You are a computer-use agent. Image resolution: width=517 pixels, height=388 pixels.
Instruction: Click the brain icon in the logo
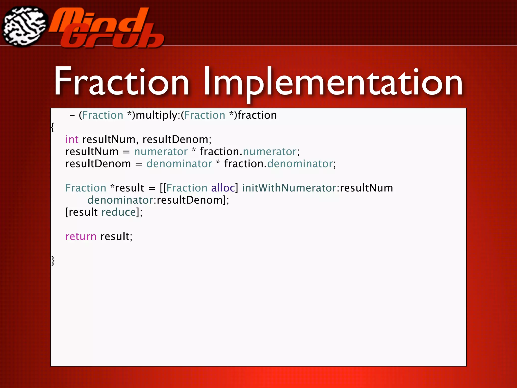[x=24, y=27]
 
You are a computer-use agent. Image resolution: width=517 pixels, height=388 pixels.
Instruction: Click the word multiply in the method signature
[x=157, y=115]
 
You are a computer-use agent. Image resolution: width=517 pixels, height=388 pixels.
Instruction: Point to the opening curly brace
[x=53, y=127]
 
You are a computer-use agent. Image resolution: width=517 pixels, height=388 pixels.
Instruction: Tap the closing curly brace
[x=53, y=260]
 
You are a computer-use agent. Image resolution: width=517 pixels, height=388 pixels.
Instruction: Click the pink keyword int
[x=72, y=139]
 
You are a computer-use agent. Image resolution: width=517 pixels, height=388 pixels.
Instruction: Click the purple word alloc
[x=223, y=188]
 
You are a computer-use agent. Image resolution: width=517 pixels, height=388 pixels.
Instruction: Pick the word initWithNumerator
[x=289, y=188]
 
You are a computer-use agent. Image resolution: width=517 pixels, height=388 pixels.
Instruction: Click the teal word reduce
[x=119, y=212]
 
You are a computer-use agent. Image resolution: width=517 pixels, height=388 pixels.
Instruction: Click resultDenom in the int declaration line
[x=175, y=139]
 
